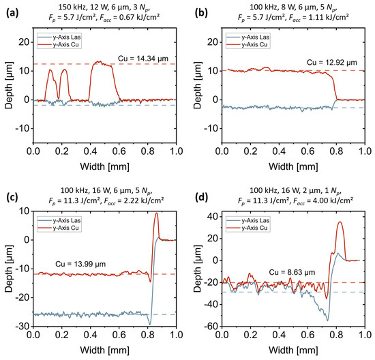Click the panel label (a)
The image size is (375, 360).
click(x=12, y=13)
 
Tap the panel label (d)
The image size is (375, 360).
click(x=201, y=197)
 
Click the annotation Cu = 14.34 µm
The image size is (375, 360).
click(x=143, y=59)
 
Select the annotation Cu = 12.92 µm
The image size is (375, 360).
click(x=332, y=63)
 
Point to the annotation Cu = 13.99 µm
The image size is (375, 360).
click(x=80, y=264)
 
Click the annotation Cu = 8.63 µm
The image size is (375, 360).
click(x=292, y=272)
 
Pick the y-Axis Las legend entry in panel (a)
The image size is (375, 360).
click(x=59, y=37)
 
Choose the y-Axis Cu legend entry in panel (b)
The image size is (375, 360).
click(x=247, y=45)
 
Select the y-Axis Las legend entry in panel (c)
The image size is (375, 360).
click(x=59, y=220)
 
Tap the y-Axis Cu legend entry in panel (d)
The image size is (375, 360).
click(x=247, y=228)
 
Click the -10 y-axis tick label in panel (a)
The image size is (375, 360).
click(x=22, y=129)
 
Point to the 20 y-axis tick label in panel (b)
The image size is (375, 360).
click(x=213, y=42)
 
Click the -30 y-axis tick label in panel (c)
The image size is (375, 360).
click(x=22, y=327)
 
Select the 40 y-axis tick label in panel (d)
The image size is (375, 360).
click(x=213, y=217)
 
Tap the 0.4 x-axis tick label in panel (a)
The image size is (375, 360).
click(x=91, y=151)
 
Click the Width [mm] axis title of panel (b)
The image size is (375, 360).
click(x=293, y=166)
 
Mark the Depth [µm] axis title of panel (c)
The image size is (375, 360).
click(x=9, y=269)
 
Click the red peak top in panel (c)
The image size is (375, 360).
click(x=156, y=213)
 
